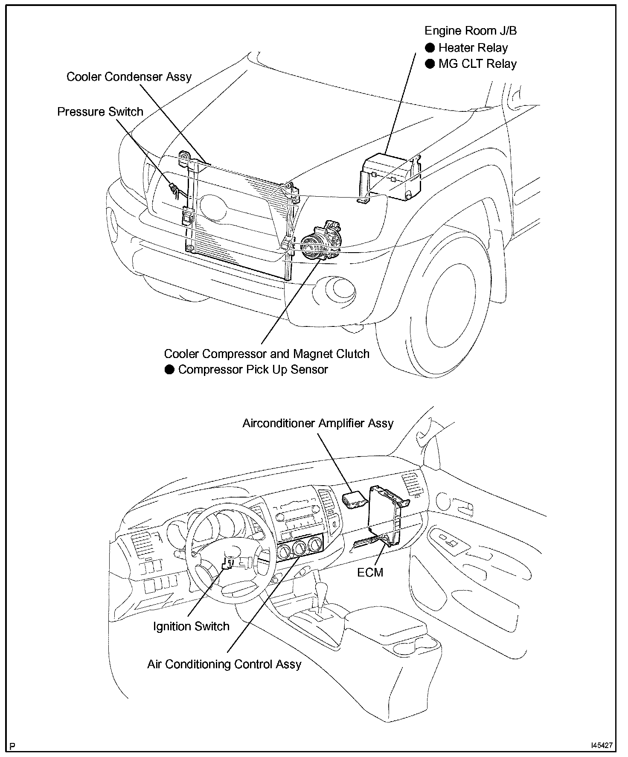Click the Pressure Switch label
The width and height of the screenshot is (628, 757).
tap(100, 112)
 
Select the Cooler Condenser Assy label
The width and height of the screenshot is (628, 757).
tap(129, 77)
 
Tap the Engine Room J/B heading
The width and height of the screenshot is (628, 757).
tap(471, 31)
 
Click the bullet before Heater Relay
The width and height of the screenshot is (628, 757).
tap(430, 48)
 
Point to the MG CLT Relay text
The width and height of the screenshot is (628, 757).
tap(477, 64)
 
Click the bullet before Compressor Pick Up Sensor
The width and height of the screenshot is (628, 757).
tap(170, 370)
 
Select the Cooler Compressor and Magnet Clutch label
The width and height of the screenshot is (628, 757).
tap(267, 354)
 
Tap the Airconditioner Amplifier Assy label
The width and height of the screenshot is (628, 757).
tap(318, 423)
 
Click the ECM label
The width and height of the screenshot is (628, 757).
tap(370, 573)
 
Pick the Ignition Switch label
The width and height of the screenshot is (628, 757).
tap(191, 626)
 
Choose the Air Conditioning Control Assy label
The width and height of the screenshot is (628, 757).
tap(224, 664)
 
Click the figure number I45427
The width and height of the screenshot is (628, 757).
tap(602, 745)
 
